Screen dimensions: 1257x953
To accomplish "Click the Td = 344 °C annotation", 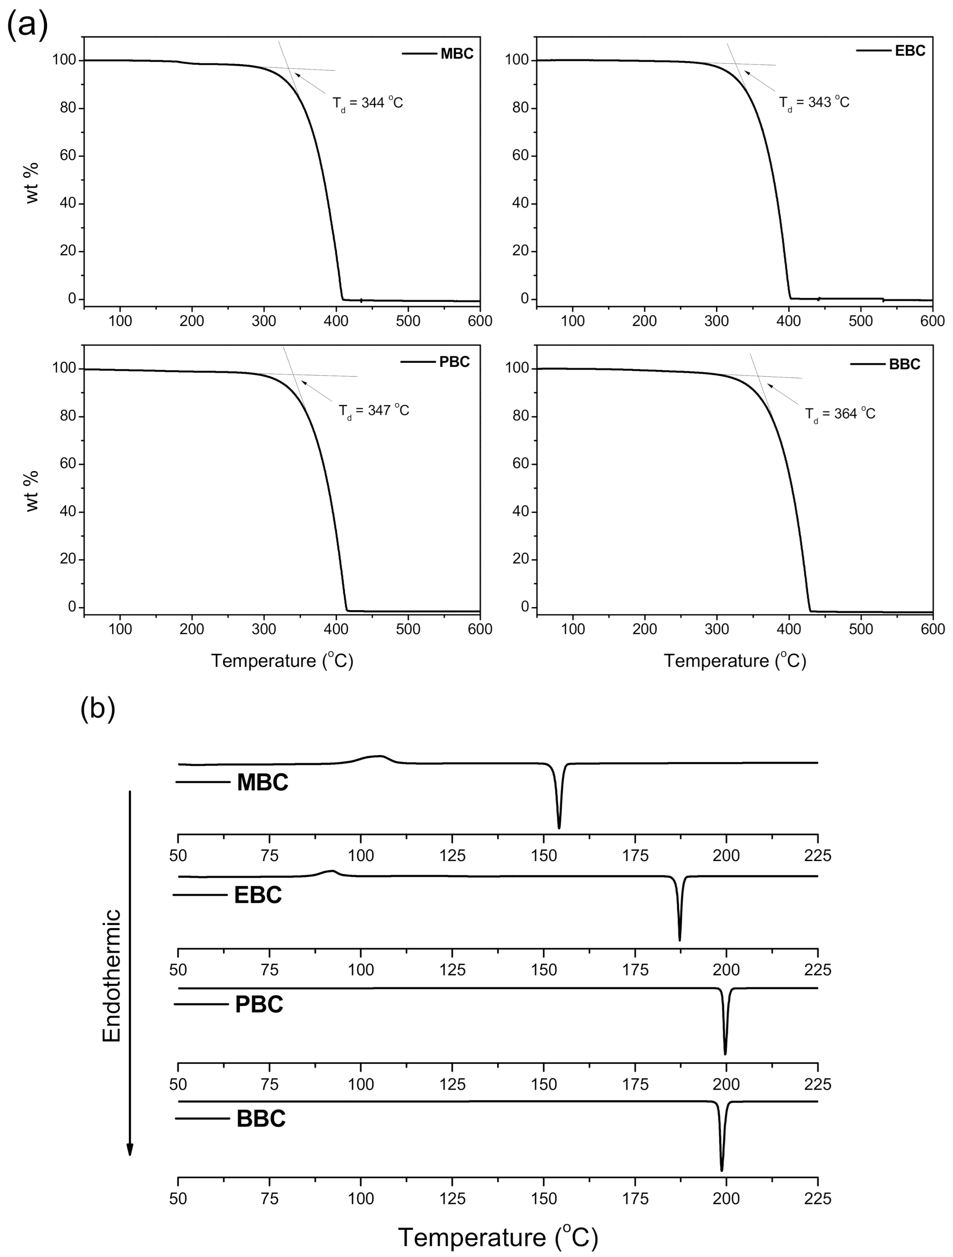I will (x=368, y=103).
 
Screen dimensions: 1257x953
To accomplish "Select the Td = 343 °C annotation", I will (x=814, y=103).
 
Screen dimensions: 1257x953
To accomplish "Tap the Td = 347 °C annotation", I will (x=374, y=411).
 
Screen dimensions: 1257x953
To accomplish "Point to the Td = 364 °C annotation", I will (x=840, y=414).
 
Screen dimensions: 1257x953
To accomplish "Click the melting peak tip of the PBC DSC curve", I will (x=725, y=1054).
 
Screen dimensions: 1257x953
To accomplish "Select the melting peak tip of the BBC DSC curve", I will (x=722, y=1170).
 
